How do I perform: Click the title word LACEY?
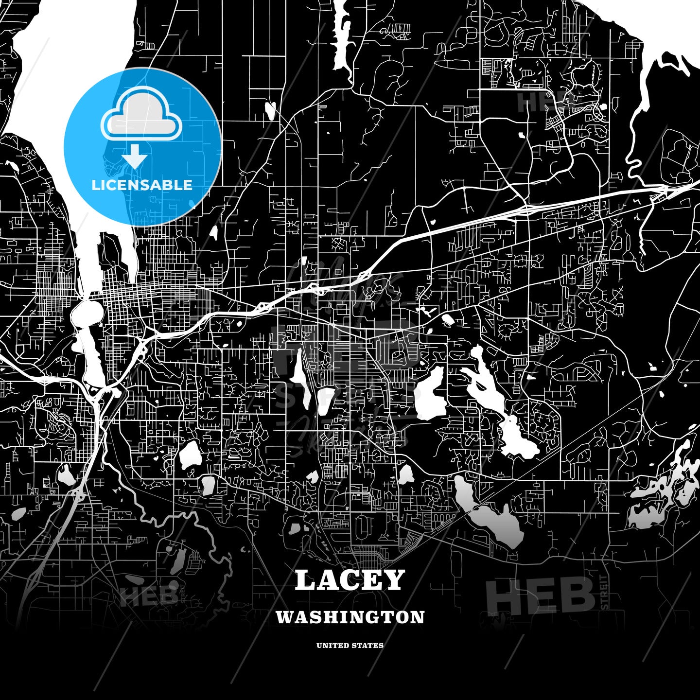tap(350, 580)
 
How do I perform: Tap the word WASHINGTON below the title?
tap(350, 617)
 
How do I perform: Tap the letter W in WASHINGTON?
tap(283, 617)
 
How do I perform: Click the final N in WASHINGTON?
tap(419, 617)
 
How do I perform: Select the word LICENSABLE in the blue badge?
tap(142, 185)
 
